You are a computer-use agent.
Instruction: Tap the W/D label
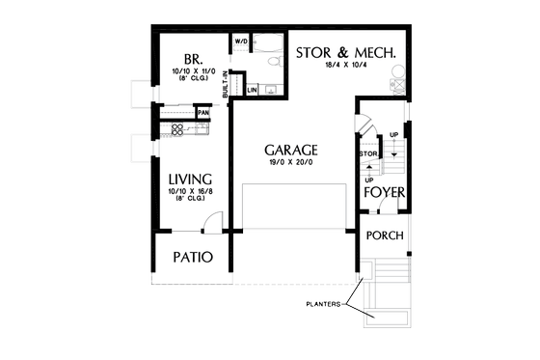click(241, 42)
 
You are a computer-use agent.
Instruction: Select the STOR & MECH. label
click(346, 51)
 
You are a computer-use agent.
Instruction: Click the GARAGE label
click(290, 151)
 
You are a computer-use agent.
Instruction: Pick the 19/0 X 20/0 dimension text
click(289, 165)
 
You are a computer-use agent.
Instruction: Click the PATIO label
click(193, 258)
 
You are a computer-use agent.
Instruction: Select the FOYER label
click(383, 192)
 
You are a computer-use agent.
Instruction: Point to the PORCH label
click(385, 235)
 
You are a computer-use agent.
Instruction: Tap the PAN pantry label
click(202, 113)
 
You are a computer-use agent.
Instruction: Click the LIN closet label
click(252, 90)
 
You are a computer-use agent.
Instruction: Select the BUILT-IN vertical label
click(226, 84)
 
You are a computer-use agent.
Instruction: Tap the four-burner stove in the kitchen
click(177, 129)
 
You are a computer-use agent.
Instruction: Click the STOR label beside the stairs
click(367, 153)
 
